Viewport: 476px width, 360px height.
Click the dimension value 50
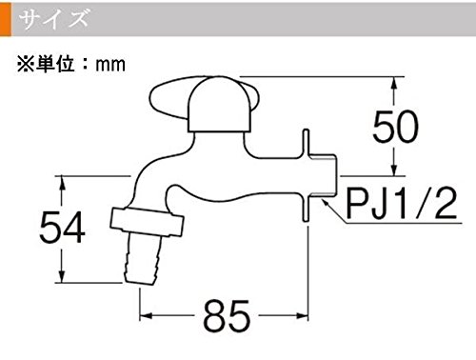click(395, 127)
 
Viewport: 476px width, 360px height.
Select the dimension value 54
click(62, 227)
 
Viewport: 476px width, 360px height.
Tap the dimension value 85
click(227, 316)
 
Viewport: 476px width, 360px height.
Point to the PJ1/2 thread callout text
click(402, 203)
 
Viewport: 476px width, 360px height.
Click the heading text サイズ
click(53, 18)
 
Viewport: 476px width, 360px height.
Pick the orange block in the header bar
click(6, 19)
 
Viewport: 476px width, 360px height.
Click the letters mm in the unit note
click(110, 65)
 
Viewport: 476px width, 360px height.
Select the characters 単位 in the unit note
click(55, 64)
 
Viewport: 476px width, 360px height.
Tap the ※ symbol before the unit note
click(26, 64)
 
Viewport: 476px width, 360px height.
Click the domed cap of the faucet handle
click(220, 104)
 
